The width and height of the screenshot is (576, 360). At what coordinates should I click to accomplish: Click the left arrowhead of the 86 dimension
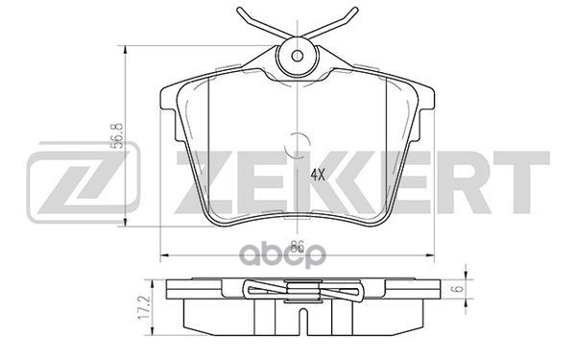point(160,254)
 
